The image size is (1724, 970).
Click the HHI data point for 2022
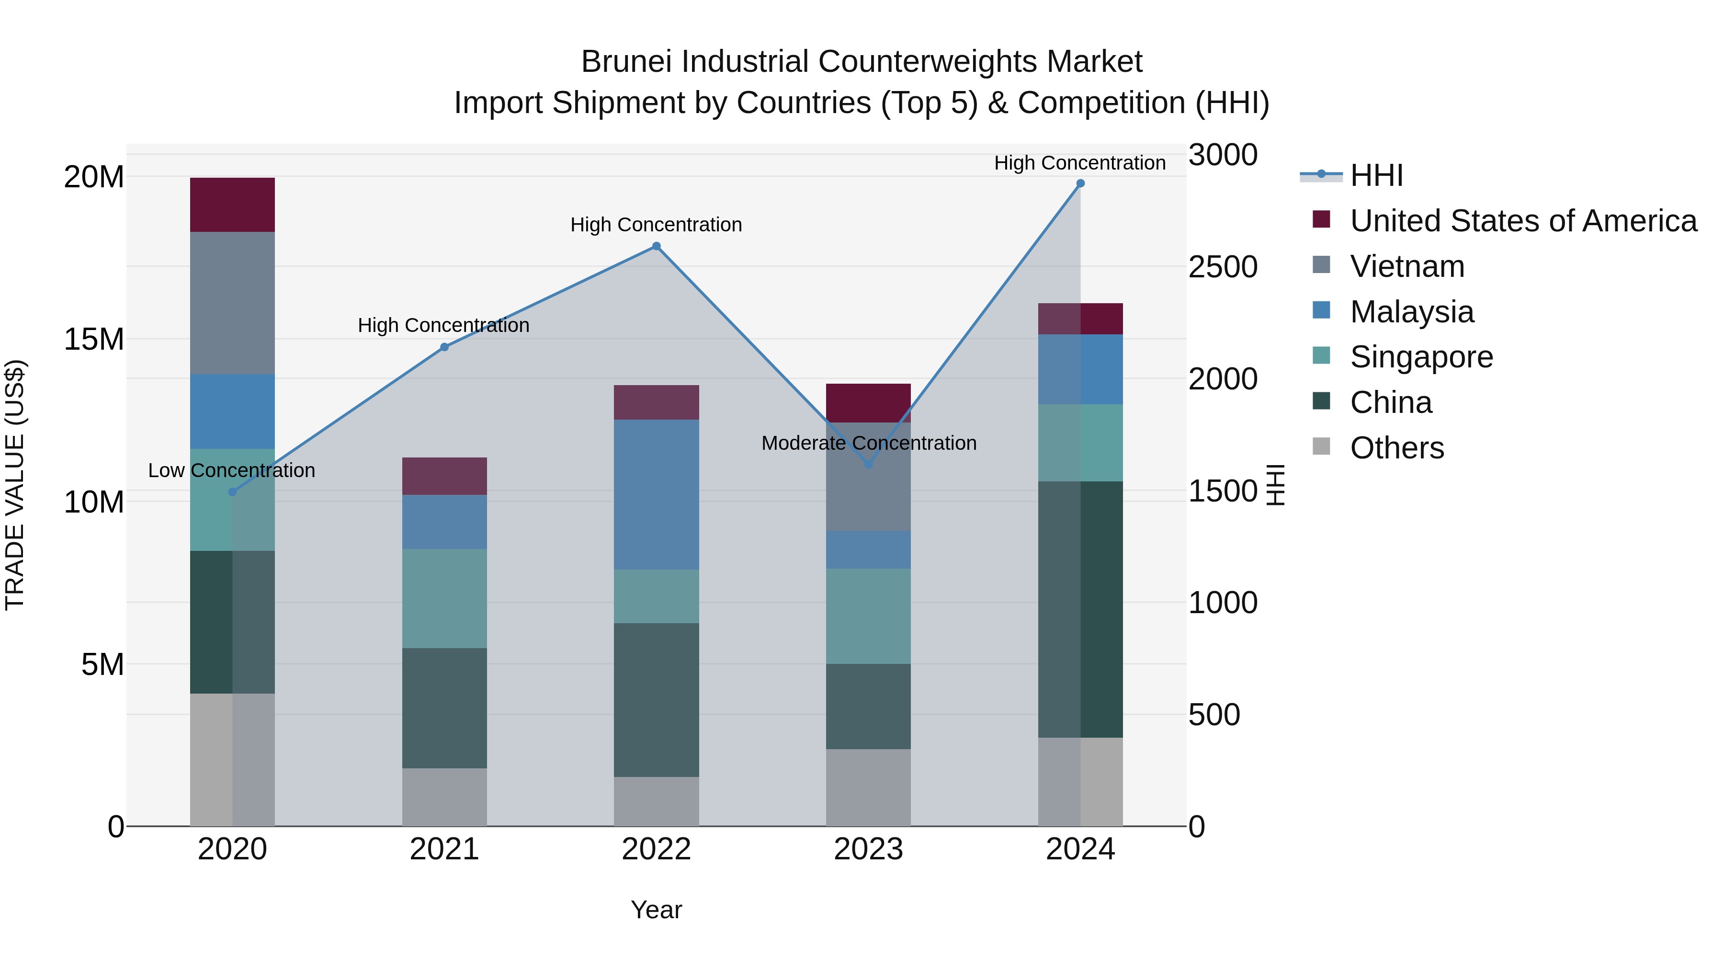[656, 246]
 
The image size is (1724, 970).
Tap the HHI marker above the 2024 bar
[1080, 183]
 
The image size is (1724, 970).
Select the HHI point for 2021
[444, 347]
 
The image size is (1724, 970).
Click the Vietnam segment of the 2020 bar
[232, 303]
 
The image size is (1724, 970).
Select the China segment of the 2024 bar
[1080, 609]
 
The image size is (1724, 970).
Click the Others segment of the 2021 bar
[444, 797]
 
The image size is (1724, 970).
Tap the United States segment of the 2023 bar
[868, 402]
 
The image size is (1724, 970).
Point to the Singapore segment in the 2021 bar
[444, 598]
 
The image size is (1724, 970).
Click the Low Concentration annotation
[232, 470]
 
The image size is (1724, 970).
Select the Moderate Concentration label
[869, 443]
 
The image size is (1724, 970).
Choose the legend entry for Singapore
[1421, 357]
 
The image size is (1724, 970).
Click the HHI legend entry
[1375, 175]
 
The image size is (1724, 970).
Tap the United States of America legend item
[1522, 221]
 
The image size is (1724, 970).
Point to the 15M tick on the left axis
[94, 340]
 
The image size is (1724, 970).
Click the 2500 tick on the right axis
[1223, 267]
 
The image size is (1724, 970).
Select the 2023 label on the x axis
[868, 849]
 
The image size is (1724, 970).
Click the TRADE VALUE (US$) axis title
[15, 485]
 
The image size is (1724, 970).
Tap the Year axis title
[656, 910]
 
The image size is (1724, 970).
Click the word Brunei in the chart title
[628, 62]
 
